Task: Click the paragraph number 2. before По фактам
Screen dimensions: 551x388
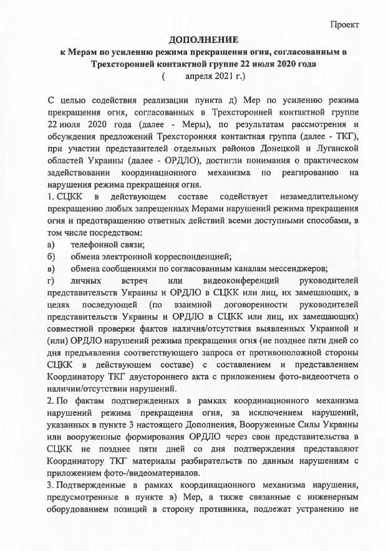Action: point(51,401)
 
